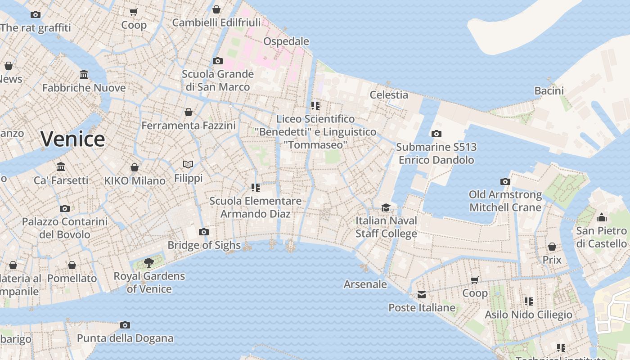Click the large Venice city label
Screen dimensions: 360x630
[72, 139]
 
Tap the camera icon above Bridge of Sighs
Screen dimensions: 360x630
[204, 232]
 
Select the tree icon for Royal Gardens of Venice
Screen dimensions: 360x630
[148, 262]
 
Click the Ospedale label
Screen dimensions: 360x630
[286, 41]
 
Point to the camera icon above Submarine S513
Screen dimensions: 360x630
[436, 134]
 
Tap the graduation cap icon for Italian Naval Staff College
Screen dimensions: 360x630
[386, 207]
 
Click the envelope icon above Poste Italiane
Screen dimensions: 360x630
[422, 295]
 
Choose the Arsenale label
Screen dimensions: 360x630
[365, 284]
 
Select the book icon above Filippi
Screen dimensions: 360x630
[188, 165]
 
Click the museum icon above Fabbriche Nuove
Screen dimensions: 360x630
[84, 74]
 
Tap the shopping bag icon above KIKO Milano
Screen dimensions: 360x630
[134, 167]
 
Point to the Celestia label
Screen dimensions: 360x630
[389, 95]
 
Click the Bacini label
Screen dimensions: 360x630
[549, 91]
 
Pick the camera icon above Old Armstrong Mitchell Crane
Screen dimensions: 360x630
[505, 181]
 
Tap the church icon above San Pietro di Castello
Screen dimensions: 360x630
[601, 218]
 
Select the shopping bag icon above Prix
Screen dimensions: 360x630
[552, 247]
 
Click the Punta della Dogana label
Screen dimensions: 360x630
[125, 338]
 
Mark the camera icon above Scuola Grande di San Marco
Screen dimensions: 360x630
[217, 61]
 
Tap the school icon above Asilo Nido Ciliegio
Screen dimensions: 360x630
[528, 301]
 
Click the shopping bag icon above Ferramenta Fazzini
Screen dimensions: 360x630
[189, 112]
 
